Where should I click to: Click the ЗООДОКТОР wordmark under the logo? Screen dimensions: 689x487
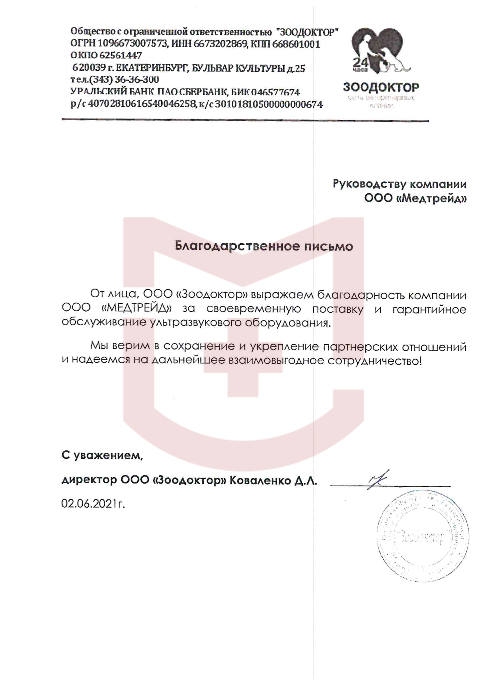coord(381,87)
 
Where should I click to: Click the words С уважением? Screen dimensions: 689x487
coord(102,456)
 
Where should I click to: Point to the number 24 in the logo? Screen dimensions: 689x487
coord(360,62)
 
